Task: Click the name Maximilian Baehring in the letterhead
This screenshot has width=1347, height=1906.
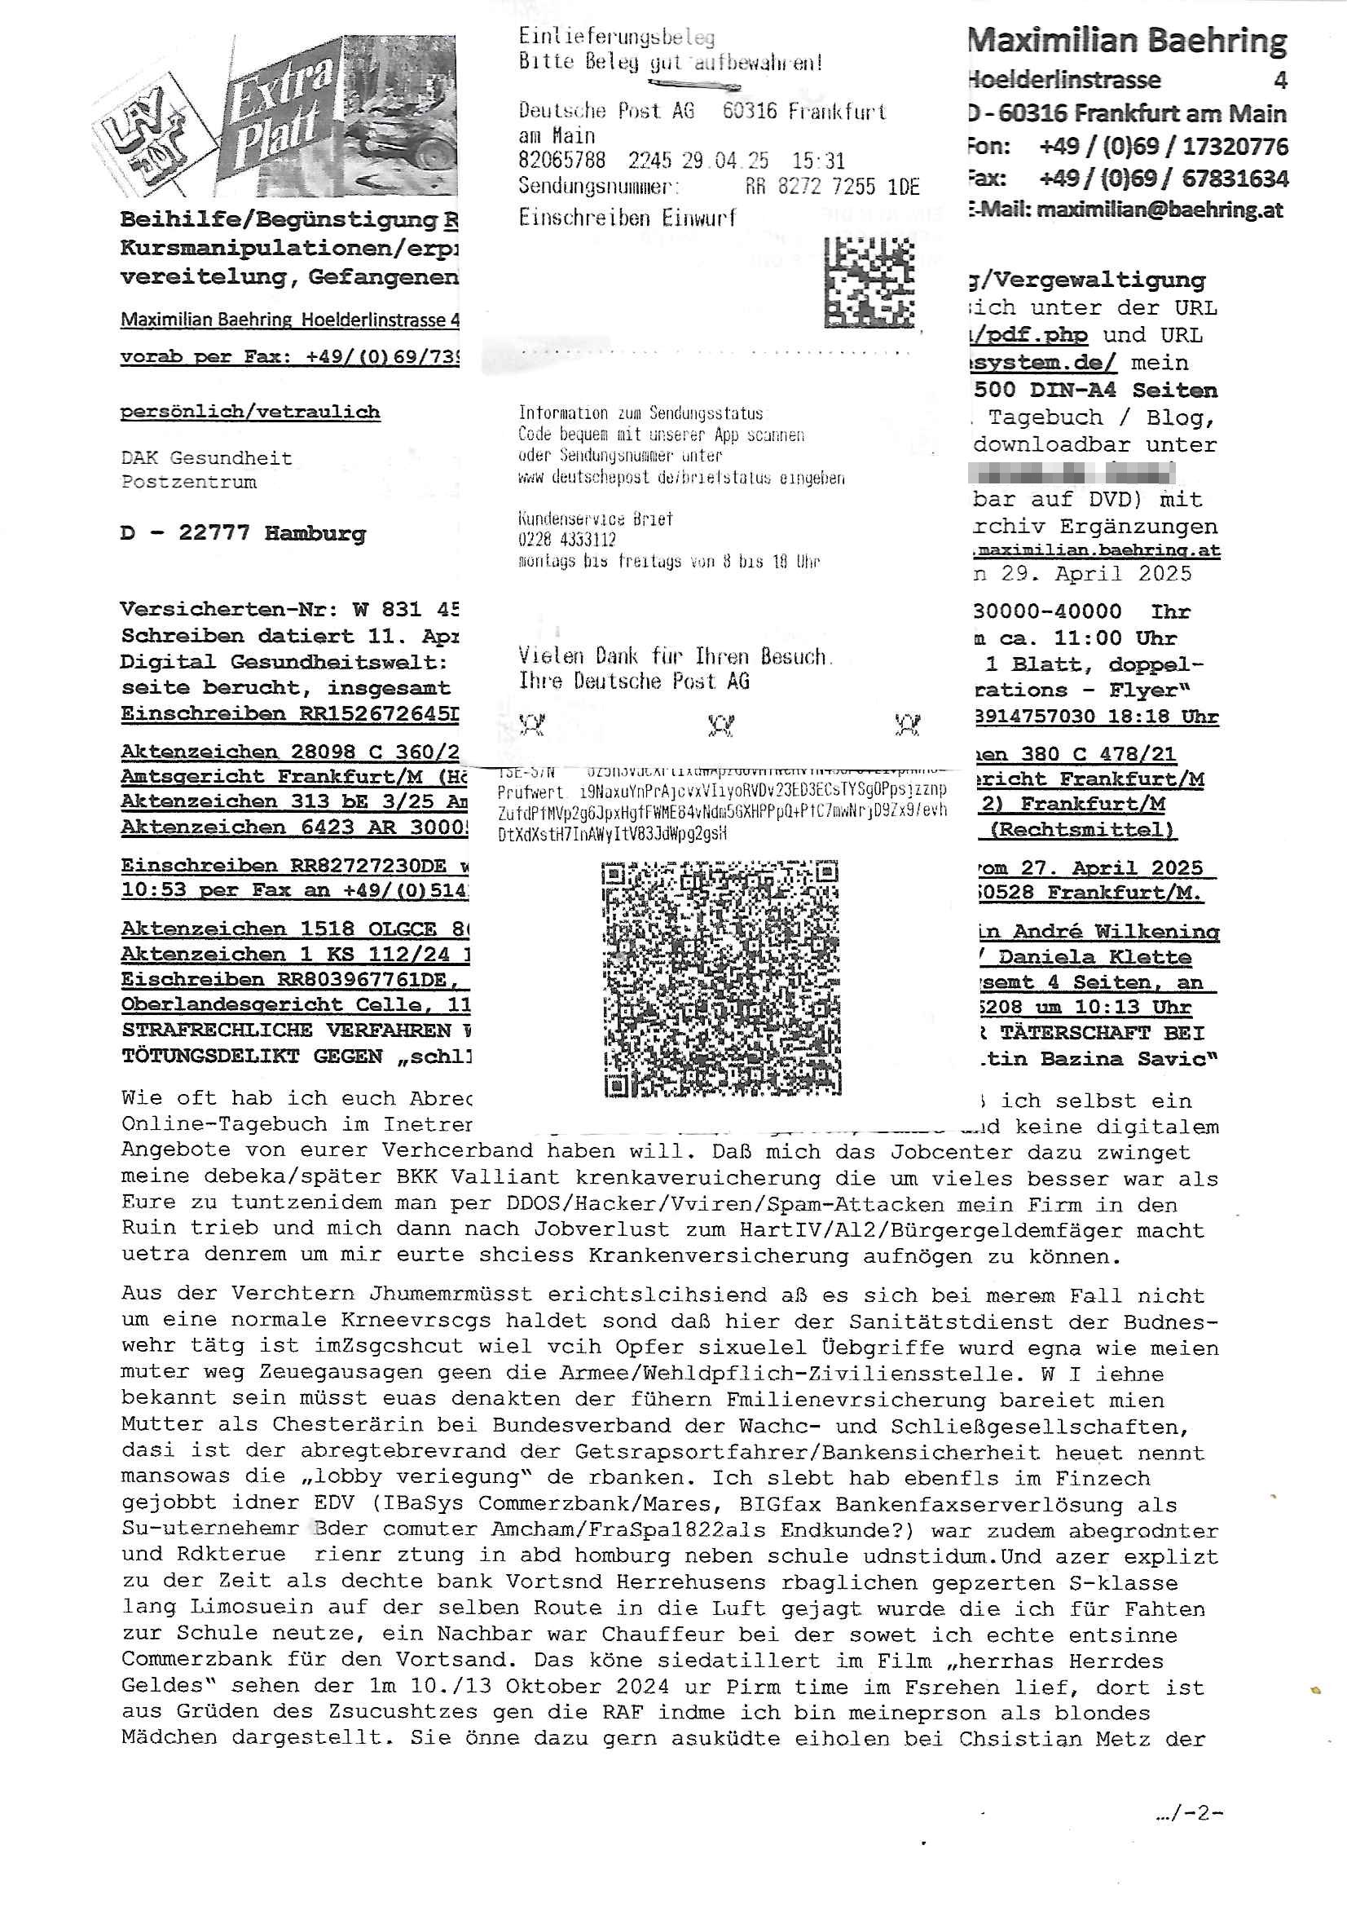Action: coord(1127,41)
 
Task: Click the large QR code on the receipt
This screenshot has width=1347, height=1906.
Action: coord(720,978)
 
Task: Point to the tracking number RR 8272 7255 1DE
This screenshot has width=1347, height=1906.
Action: coord(832,187)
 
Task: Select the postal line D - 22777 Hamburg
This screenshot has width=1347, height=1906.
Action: coord(242,533)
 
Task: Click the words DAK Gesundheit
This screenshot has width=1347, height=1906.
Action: coord(206,457)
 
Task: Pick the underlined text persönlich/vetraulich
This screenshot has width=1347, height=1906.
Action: coord(250,412)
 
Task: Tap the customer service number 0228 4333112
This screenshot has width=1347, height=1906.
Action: coord(567,540)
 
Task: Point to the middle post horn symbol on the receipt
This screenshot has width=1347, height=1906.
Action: coord(720,725)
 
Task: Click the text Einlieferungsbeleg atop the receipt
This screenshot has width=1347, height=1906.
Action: coord(616,37)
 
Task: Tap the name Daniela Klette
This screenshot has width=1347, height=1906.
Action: coord(1094,956)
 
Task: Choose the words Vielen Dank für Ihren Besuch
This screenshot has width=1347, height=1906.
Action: coord(673,656)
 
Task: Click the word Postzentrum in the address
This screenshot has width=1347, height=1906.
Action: coord(188,482)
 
